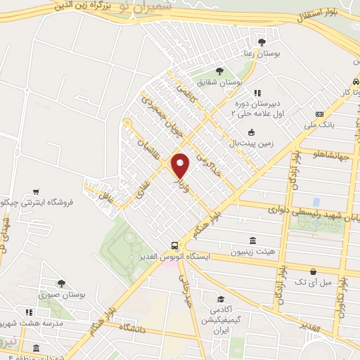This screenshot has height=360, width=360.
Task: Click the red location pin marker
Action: pyautogui.click(x=181, y=166)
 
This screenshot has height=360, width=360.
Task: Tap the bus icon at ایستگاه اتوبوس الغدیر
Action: pyautogui.click(x=174, y=245)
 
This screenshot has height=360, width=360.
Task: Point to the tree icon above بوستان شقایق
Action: pyautogui.click(x=220, y=70)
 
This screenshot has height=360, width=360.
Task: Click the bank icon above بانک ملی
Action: pyautogui.click(x=320, y=114)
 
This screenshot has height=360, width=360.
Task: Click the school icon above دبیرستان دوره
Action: pyautogui.click(x=257, y=92)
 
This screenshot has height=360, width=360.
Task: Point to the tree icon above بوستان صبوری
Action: pyautogui.click(x=61, y=283)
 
